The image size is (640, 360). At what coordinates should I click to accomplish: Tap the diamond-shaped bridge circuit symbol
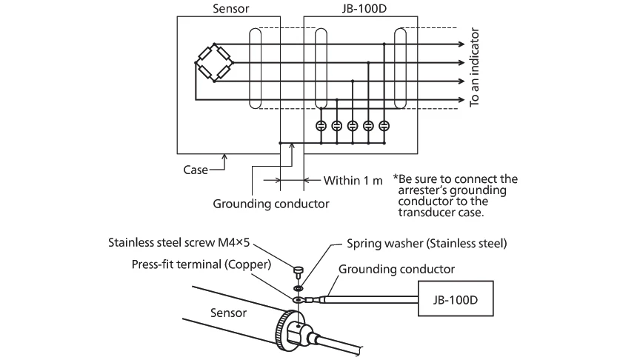[x=215, y=64]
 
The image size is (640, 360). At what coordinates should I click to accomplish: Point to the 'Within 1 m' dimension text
[x=352, y=180]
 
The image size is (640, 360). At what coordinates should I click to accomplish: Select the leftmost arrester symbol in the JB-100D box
[x=321, y=125]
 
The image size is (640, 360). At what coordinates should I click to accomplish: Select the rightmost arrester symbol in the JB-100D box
[x=384, y=125]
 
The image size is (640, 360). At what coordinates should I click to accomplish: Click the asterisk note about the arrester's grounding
[x=455, y=195]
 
